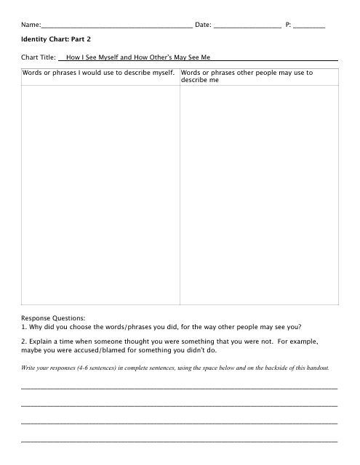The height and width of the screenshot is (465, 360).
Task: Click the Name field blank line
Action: click(116, 26)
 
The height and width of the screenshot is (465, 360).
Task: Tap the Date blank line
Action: click(247, 26)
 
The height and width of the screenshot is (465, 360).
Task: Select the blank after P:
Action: click(310, 26)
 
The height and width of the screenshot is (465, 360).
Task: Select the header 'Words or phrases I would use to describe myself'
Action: click(99, 73)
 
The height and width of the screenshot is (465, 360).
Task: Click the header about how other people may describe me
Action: click(247, 76)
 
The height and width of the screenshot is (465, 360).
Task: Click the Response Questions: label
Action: click(53, 318)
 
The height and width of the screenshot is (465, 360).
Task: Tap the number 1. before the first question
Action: click(24, 326)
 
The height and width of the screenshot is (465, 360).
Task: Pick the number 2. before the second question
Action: click(24, 340)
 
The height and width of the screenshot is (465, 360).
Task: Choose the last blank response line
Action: click(180, 440)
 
